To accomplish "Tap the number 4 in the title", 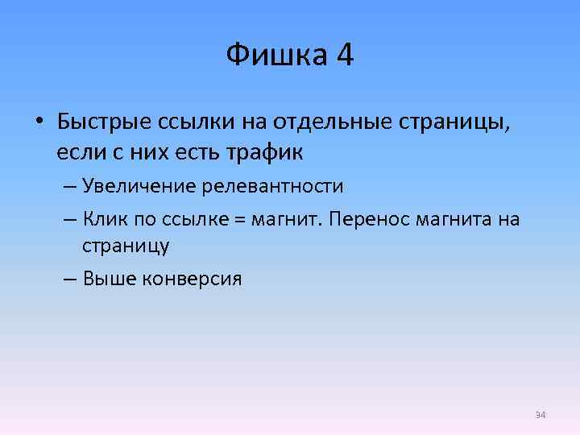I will tap(345, 56).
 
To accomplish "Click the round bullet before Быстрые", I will tap(38, 123).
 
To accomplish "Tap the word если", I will tap(79, 151).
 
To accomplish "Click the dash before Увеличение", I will tap(68, 187).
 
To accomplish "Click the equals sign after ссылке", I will tap(239, 220).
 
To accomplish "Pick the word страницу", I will tap(125, 245).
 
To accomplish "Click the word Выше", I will tap(108, 279).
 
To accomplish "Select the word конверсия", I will tap(192, 279).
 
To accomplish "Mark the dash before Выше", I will tap(68, 280).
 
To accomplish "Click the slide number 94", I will tap(541, 415).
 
